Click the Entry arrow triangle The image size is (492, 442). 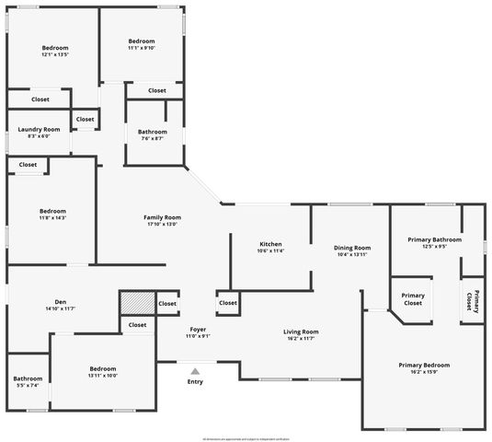coord(194,370)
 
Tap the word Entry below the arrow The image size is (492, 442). coord(195,381)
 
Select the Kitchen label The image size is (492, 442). coord(270,244)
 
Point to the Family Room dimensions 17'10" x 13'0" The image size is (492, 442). coord(160,224)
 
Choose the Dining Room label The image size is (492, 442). coord(351,248)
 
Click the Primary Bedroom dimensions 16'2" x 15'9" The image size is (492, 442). coord(423,372)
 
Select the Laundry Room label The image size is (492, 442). coord(39,129)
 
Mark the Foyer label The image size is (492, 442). coord(198,329)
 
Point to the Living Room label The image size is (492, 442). coord(300,331)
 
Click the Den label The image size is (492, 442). coord(61,302)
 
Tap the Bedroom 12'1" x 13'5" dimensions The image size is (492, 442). coord(55,54)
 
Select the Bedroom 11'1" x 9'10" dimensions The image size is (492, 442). coord(142,48)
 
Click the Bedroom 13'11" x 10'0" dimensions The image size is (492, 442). coord(103,375)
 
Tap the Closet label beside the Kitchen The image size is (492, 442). coord(228,302)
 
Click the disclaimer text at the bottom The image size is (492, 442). coord(246,437)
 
